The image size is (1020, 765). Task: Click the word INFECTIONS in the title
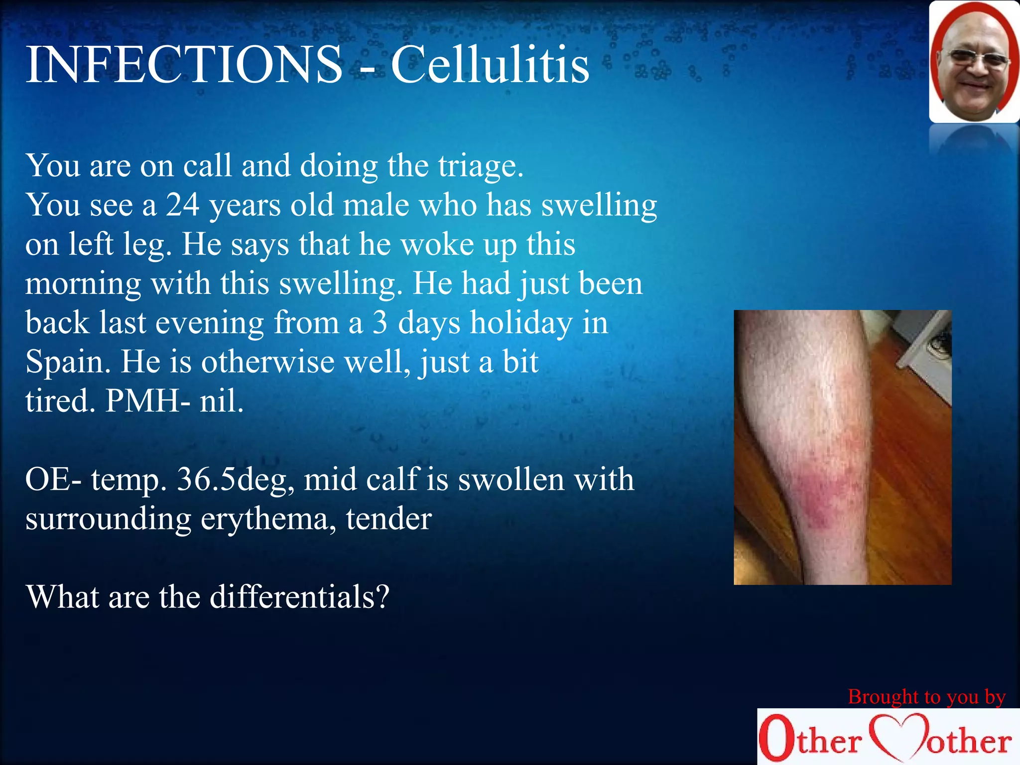point(184,65)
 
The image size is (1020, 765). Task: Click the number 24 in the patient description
point(183,205)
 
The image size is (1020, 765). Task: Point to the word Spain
point(67,362)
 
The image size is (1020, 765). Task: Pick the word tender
point(388,519)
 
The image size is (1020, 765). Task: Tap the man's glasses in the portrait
point(977,60)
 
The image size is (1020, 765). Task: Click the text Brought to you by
point(926,697)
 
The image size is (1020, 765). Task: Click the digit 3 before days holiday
point(380,323)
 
